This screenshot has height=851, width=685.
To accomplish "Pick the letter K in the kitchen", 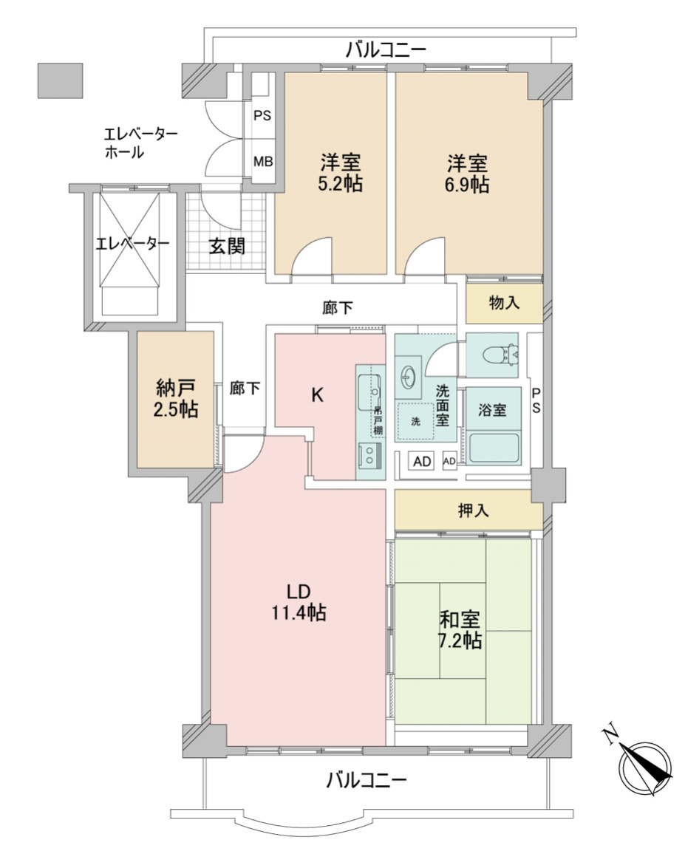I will [x=316, y=395].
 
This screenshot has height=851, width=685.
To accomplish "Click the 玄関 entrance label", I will [x=225, y=247].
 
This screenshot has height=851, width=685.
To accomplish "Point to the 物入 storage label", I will [x=504, y=303].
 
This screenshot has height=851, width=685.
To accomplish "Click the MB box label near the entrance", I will [x=262, y=162].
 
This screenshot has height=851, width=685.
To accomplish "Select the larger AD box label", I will [x=422, y=462].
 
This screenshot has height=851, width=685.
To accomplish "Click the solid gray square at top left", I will [x=60, y=81].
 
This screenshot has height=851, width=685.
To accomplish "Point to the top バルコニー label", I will [x=386, y=50].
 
